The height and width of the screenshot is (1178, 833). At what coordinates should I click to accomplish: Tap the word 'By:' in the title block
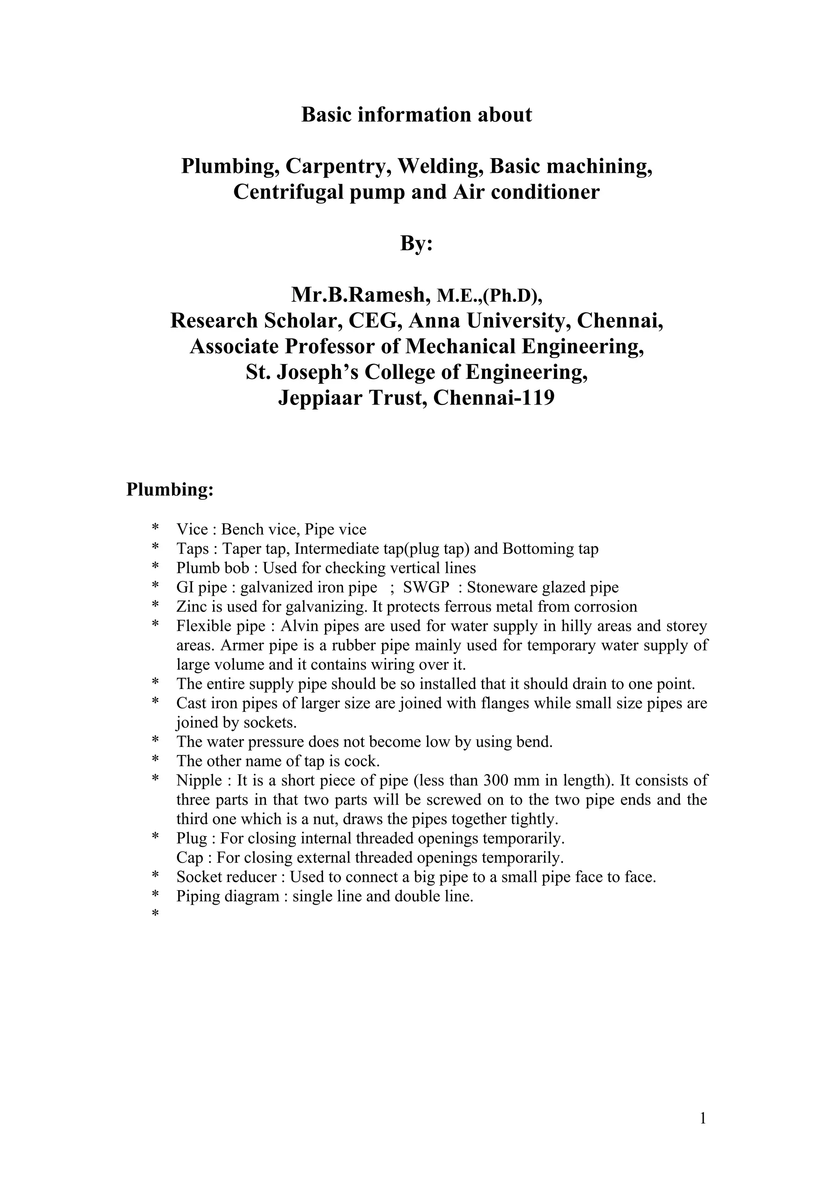click(416, 243)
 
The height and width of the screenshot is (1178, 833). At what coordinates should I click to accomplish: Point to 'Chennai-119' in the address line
click(494, 398)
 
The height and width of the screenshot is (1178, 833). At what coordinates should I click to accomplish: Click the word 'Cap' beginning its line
click(190, 857)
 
